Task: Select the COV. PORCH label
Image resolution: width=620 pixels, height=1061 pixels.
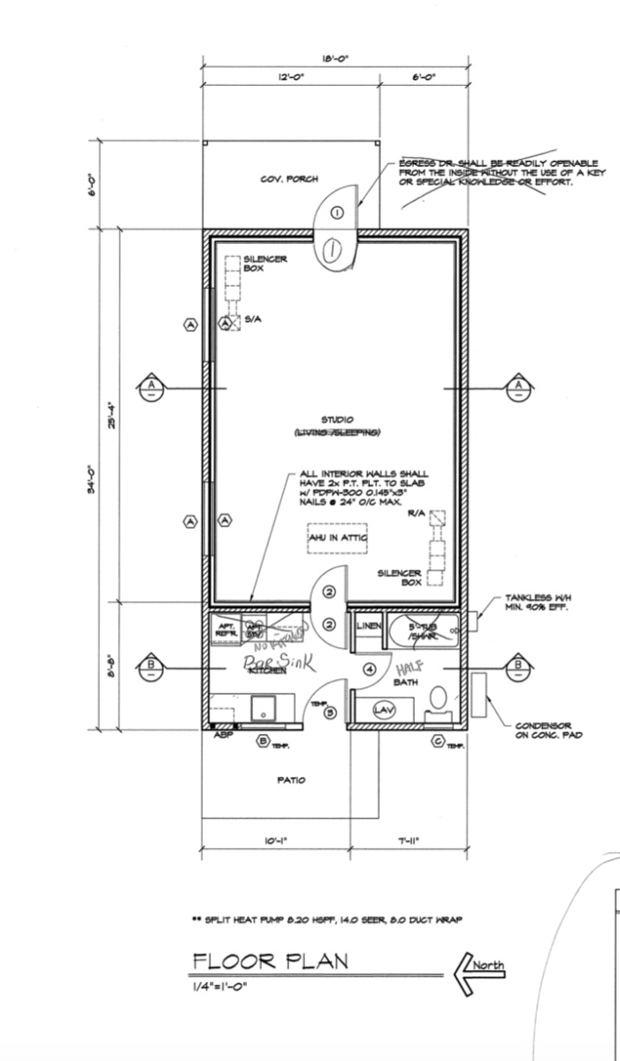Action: (x=282, y=179)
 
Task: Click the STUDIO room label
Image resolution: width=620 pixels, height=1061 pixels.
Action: (x=337, y=419)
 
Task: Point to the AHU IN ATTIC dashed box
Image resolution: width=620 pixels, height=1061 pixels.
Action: (x=337, y=538)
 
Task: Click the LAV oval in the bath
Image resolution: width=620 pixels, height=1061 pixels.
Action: (x=383, y=710)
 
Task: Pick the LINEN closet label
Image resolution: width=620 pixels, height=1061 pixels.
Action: (x=368, y=626)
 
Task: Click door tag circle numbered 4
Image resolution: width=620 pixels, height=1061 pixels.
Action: (x=370, y=669)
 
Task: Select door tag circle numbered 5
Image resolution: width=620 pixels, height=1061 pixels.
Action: (x=330, y=712)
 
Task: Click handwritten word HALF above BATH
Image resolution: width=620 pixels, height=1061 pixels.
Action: (x=408, y=665)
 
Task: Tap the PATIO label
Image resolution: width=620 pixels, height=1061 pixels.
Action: (x=291, y=780)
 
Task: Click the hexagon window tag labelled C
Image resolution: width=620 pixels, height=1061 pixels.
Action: (x=437, y=741)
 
